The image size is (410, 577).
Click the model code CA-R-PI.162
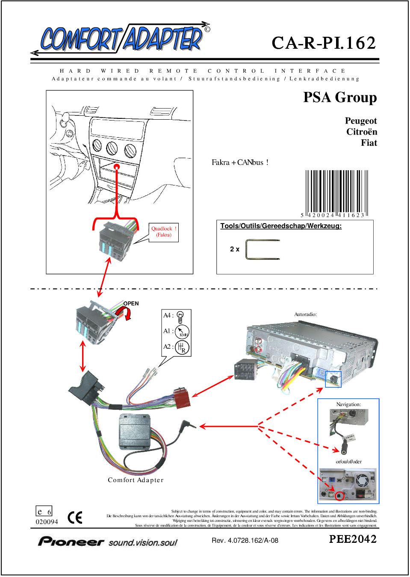[x=324, y=43]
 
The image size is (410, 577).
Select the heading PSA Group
[x=340, y=97]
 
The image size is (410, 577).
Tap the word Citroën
[x=361, y=132]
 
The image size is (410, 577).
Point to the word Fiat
[x=369, y=143]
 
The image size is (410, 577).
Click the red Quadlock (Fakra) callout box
[x=164, y=232]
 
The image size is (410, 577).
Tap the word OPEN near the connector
[x=131, y=303]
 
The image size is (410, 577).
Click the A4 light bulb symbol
[x=180, y=316]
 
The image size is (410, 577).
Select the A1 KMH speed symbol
[x=182, y=331]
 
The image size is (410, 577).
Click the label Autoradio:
[x=305, y=314]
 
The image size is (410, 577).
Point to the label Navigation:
[x=348, y=404]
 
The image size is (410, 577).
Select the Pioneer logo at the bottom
[x=107, y=542]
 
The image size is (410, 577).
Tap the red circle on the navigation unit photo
[x=340, y=496]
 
